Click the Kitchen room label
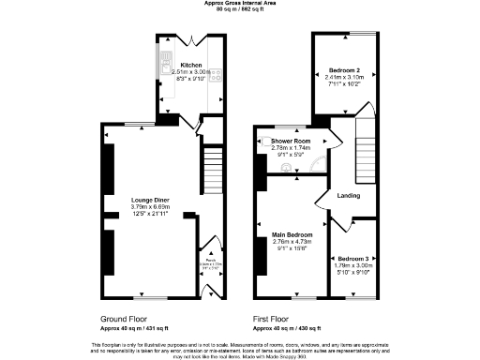(178, 65)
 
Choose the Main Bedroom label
(292, 234)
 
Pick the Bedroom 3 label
(352, 258)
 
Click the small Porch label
(212, 260)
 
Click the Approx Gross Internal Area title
(240, 4)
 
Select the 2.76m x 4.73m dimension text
(292, 242)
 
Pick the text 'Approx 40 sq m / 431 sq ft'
(133, 328)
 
